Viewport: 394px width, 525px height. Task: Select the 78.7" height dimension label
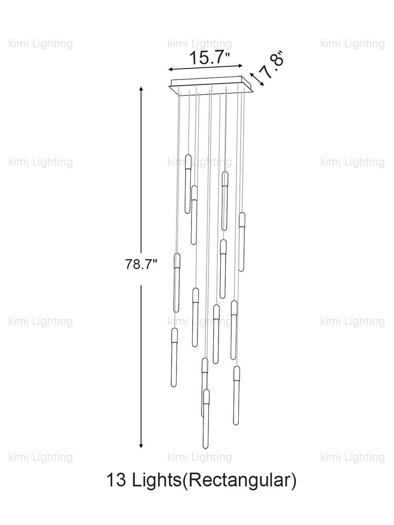(141, 264)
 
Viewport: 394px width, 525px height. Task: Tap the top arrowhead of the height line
(141, 89)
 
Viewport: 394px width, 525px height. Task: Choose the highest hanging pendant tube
(188, 184)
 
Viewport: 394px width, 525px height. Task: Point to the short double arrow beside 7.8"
(256, 78)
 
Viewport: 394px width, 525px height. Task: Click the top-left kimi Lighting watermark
(41, 44)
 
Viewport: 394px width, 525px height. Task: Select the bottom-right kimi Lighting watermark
(352, 457)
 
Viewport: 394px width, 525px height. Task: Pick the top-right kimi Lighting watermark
(352, 44)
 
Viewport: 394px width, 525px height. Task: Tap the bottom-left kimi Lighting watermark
(41, 457)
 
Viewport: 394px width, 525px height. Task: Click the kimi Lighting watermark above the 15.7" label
(200, 44)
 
